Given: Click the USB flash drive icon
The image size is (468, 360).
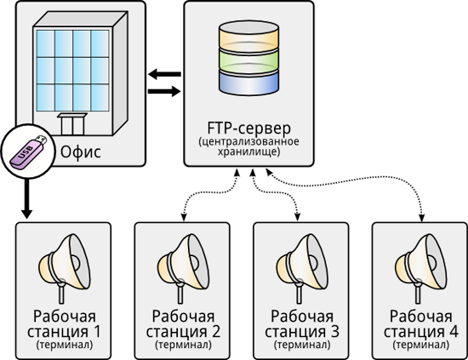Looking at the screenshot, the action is click(28, 151).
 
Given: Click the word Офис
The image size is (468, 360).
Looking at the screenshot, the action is click(81, 151).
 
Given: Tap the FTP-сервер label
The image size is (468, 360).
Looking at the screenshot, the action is click(249, 128).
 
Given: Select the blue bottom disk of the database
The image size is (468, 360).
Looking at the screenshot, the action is click(249, 82).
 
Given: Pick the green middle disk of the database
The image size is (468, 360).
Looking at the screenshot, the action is click(249, 60).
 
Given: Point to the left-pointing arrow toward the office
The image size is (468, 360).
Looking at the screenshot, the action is click(164, 74).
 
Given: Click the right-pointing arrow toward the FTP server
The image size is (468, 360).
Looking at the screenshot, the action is click(164, 91).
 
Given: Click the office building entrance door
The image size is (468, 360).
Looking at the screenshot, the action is click(72, 124).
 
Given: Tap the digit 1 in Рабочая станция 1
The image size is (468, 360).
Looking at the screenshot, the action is click(96, 331).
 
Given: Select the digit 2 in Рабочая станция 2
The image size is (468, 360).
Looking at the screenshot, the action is click(216, 331).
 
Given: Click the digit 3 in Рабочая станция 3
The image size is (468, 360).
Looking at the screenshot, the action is click(334, 331).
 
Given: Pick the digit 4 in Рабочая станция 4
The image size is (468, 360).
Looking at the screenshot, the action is click(454, 331).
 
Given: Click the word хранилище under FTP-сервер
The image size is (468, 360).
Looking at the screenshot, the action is click(248, 151).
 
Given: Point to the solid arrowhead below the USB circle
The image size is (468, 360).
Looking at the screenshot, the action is click(27, 214).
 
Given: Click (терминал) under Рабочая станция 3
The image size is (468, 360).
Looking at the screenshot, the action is click(302, 345).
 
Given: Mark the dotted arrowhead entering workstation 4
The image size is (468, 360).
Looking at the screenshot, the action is click(421, 218).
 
